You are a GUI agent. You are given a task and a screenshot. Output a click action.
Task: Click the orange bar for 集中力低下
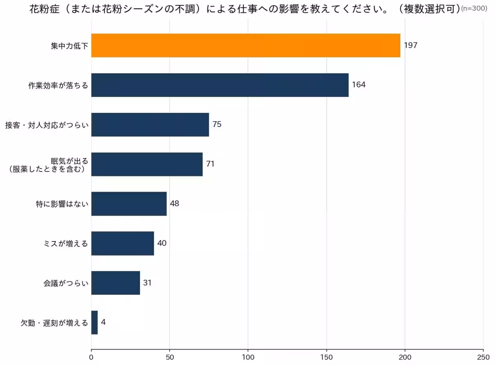click(x=245, y=45)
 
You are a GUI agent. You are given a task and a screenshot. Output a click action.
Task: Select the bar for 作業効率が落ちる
click(x=220, y=85)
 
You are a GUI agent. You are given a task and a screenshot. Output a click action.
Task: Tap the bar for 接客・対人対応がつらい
click(x=150, y=124)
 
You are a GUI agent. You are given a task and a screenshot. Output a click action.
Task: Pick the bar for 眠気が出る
click(x=147, y=164)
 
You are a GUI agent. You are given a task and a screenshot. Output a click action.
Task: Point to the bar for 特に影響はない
click(x=129, y=204)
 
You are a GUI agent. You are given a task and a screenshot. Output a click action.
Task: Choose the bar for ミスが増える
click(x=123, y=243)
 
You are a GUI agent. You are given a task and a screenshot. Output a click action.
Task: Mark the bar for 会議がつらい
click(x=115, y=283)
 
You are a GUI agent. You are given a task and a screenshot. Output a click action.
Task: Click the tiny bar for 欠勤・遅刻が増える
click(x=94, y=322)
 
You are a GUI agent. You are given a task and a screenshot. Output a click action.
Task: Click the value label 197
click(x=410, y=45)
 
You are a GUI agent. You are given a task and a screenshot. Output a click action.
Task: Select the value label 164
click(x=359, y=85)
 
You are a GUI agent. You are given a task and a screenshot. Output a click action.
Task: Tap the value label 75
click(x=217, y=124)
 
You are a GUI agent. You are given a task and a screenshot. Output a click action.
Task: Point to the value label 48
click(x=174, y=204)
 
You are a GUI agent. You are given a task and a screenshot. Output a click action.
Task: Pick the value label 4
click(x=103, y=322)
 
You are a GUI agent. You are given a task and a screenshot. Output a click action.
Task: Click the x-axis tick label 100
click(x=248, y=357)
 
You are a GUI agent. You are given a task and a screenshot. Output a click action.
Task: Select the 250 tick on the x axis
click(x=483, y=357)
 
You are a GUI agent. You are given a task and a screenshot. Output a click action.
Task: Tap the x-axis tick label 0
click(x=91, y=357)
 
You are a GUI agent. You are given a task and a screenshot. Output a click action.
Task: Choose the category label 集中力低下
click(x=69, y=46)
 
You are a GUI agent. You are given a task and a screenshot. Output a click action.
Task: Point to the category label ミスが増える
click(x=66, y=244)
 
